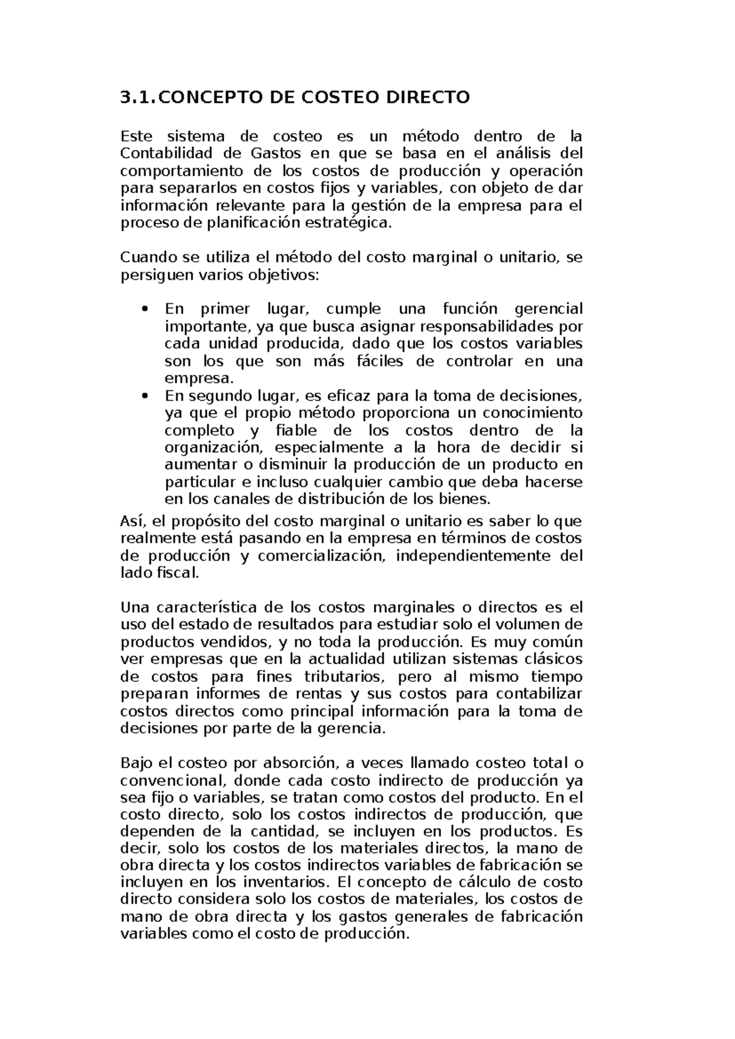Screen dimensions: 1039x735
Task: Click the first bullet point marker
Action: (x=145, y=309)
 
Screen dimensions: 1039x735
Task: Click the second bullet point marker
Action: (x=145, y=396)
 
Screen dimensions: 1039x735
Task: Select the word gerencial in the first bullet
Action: (x=548, y=309)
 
